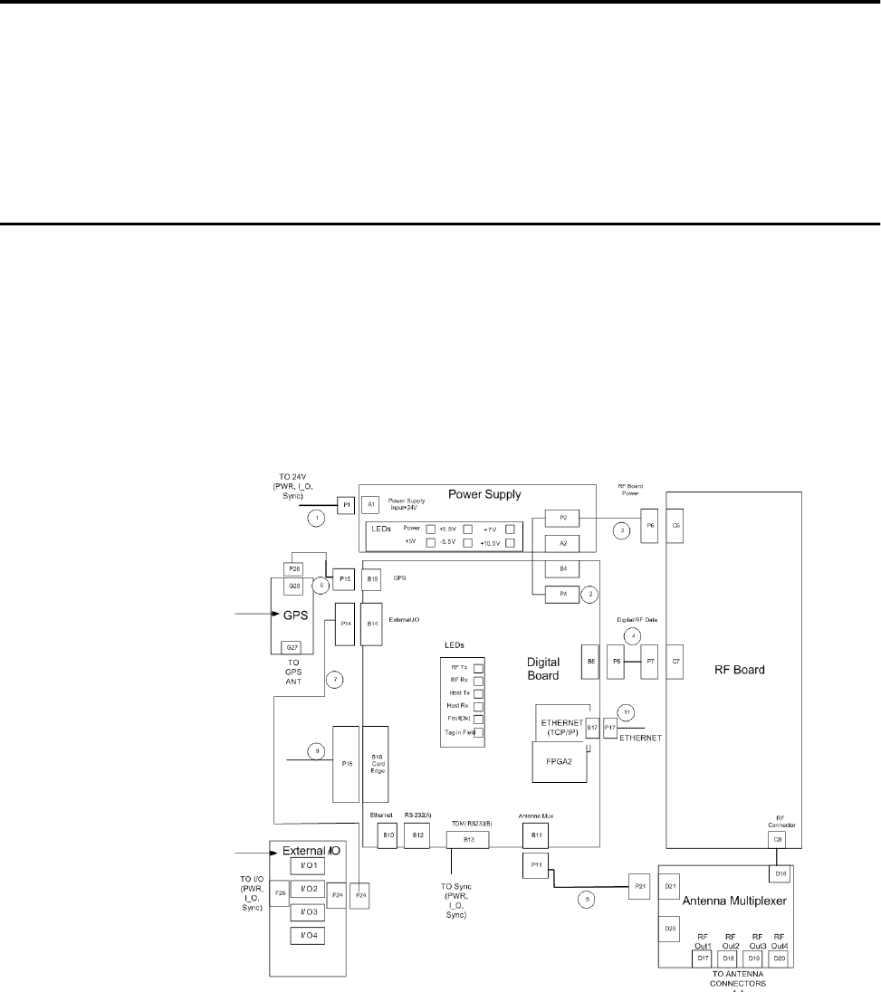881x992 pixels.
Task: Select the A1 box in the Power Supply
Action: click(369, 505)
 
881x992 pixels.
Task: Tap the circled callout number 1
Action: click(315, 519)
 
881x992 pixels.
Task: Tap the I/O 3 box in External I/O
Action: click(308, 911)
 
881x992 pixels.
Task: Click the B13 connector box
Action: click(469, 840)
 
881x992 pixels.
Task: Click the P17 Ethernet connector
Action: click(611, 728)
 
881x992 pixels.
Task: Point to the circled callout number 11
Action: click(624, 711)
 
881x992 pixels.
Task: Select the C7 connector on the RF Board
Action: click(676, 661)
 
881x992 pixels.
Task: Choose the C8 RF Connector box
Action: click(778, 840)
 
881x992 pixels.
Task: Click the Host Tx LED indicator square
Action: click(479, 692)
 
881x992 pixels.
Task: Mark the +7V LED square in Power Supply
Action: click(511, 529)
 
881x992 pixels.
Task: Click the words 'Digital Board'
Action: click(550, 667)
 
